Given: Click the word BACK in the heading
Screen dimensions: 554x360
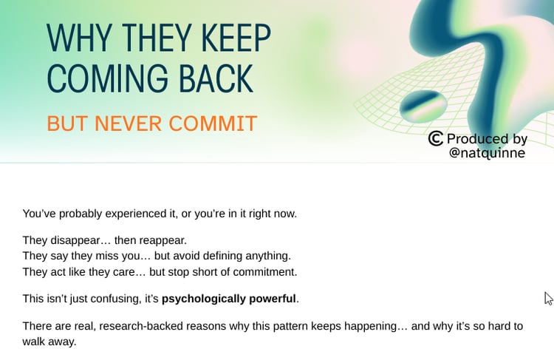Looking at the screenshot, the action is tap(216, 78).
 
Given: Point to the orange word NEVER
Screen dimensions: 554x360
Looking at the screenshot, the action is tap(128, 123).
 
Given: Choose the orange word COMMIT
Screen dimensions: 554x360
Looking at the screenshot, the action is tap(213, 123).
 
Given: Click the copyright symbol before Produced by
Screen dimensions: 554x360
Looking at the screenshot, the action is tap(436, 138).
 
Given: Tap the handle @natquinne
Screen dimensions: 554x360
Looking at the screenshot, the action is tap(488, 153).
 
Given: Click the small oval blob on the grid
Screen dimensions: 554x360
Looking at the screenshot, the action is tap(423, 106).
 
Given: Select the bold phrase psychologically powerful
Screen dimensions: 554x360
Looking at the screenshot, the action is tap(228, 299).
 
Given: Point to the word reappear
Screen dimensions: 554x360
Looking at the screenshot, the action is tap(163, 240).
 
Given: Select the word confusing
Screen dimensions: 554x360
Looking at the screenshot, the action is tap(116, 299).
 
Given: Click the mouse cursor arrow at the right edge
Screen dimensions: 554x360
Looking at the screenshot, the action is tap(548, 299).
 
